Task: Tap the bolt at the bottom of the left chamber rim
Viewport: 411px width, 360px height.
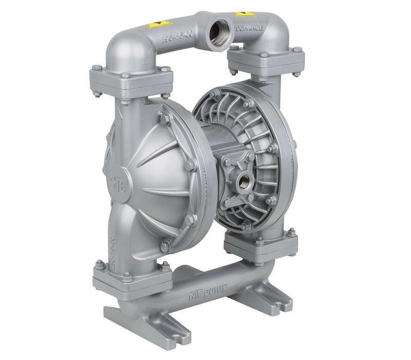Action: click(x=165, y=246)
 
